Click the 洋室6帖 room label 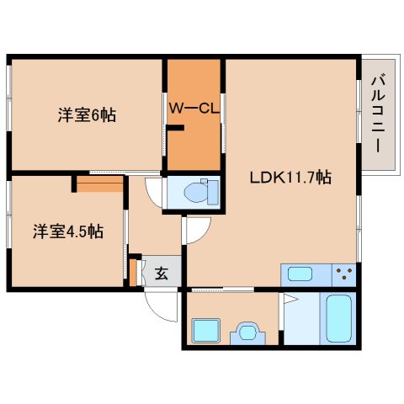pos(87,114)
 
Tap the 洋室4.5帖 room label pos(68,231)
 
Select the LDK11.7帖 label pos(290,178)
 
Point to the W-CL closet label pos(194,108)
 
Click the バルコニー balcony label pos(378,113)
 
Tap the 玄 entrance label pos(162,273)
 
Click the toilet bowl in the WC pos(196,193)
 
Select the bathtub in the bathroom pos(339,318)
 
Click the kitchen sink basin pos(300,274)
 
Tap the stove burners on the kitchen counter pos(344,274)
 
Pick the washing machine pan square pos(205,331)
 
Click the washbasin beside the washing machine pos(247,333)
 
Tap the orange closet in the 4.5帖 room pos(100,184)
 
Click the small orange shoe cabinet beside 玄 pos(133,273)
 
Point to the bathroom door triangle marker pos(290,299)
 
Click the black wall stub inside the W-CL pos(175,128)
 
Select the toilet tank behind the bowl pos(213,192)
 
